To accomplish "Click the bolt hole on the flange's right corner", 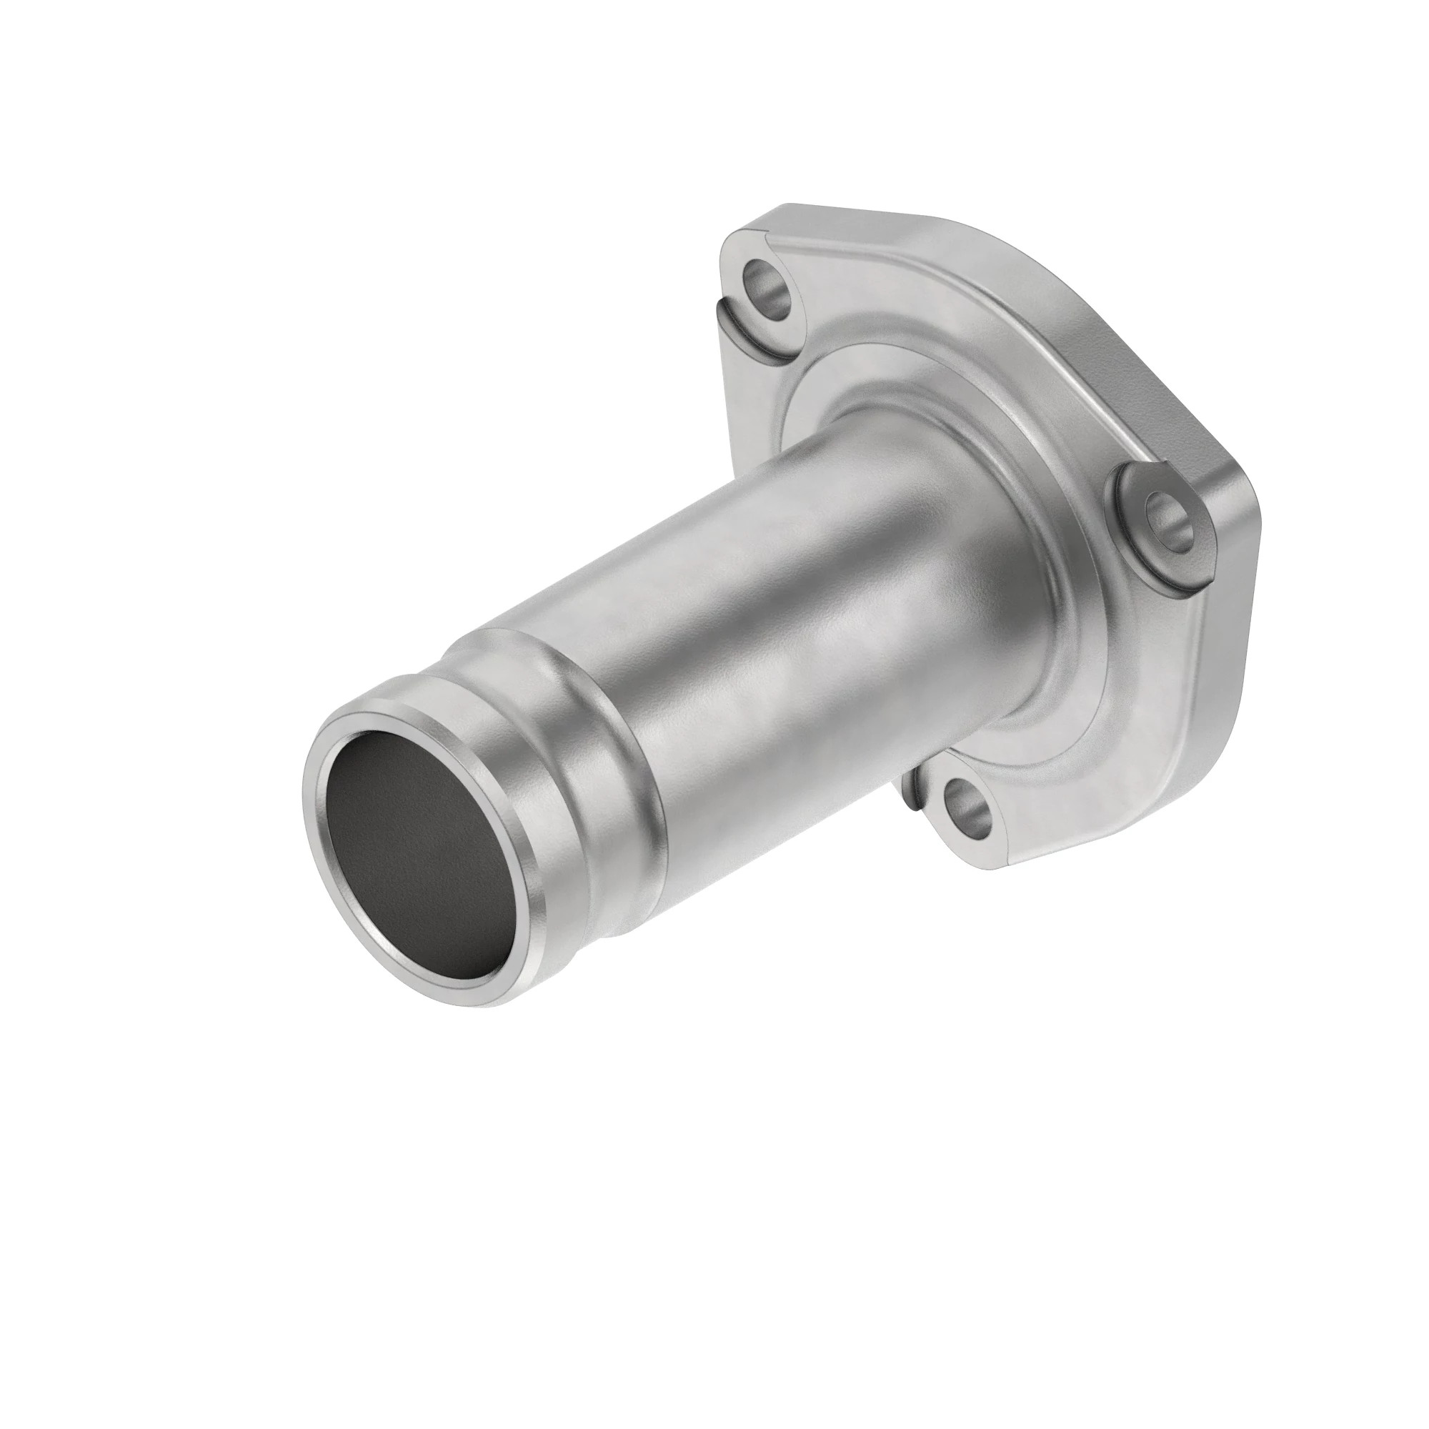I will click(x=1168, y=516).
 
